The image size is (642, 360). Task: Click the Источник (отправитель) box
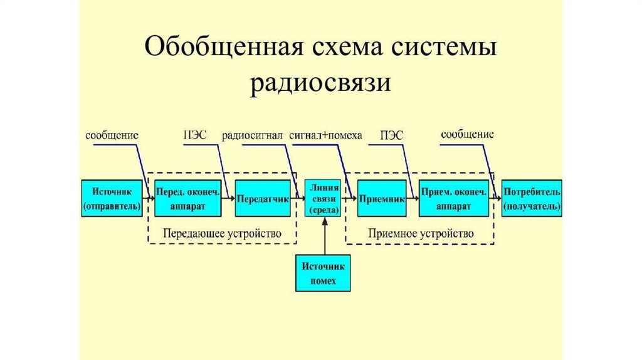[112, 198]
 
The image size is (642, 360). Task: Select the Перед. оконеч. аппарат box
[188, 198]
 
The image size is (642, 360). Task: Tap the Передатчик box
[263, 198]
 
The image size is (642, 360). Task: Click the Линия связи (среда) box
[323, 198]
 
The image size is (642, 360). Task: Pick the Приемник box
[382, 198]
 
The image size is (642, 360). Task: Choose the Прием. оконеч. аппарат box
[454, 198]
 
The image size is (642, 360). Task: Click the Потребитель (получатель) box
[532, 198]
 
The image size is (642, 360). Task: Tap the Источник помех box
[323, 273]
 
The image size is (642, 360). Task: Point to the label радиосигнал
[252, 136]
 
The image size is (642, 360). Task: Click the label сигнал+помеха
[325, 135]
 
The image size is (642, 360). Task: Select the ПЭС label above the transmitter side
[195, 135]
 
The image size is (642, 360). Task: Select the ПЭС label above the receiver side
[391, 135]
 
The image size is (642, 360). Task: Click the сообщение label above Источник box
[112, 135]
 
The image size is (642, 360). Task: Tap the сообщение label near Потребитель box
[467, 135]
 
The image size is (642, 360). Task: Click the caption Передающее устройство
[223, 234]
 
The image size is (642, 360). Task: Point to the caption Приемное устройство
[421, 234]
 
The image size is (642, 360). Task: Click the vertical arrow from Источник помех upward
[325, 236]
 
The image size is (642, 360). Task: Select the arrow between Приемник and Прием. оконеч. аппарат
[413, 199]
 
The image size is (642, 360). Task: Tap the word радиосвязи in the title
[320, 84]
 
